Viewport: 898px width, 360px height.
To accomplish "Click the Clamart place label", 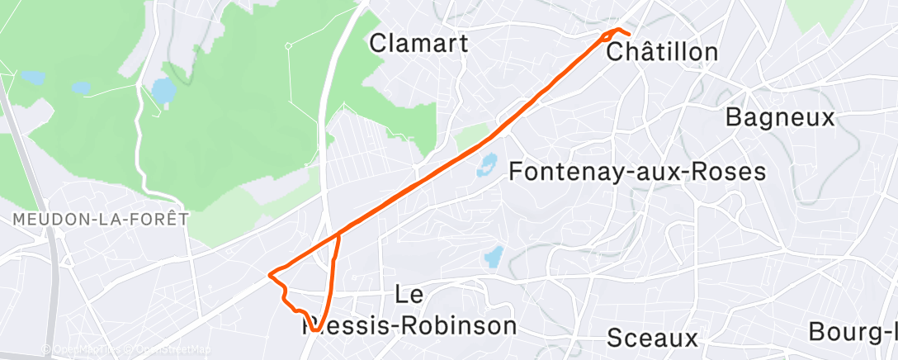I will pyautogui.click(x=418, y=43).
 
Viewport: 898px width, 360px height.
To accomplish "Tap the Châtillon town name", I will pyautogui.click(x=662, y=52).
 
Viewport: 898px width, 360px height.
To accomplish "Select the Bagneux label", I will pyautogui.click(x=780, y=116).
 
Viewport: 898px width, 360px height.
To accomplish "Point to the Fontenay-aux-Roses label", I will pyautogui.click(x=638, y=172).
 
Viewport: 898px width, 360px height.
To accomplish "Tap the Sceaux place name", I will pyautogui.click(x=652, y=337).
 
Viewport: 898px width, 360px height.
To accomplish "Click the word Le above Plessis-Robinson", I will pyautogui.click(x=410, y=294).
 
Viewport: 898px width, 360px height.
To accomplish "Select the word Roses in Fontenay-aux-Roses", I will pyautogui.click(x=730, y=172).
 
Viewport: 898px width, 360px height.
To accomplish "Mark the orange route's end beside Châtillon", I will pyautogui.click(x=629, y=35).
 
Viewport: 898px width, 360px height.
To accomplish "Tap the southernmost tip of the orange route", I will pyautogui.click(x=314, y=331).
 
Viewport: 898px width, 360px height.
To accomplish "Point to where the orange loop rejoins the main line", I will pyautogui.click(x=338, y=235).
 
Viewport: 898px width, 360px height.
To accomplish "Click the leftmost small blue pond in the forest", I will pyautogui.click(x=33, y=78).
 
